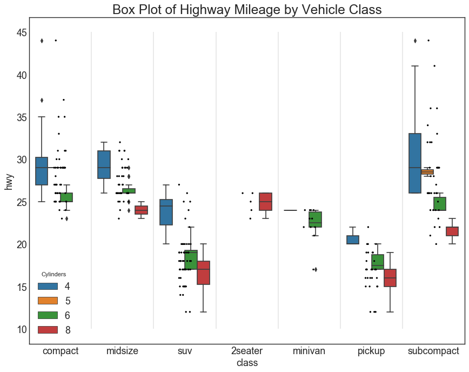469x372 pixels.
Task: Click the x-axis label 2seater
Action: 247,351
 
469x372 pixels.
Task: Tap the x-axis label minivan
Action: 309,351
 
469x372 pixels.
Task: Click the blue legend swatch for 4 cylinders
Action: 48,286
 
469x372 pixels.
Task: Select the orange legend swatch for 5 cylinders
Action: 48,301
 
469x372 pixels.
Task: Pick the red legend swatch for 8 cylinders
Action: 48,329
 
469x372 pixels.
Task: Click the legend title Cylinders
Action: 54,275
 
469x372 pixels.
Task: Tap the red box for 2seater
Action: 266,202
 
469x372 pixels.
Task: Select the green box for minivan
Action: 315,220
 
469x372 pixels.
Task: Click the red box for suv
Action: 203,273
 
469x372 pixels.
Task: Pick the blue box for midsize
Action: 104,164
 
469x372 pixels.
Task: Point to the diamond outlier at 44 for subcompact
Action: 415,41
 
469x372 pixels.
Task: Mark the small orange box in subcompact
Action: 427,172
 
